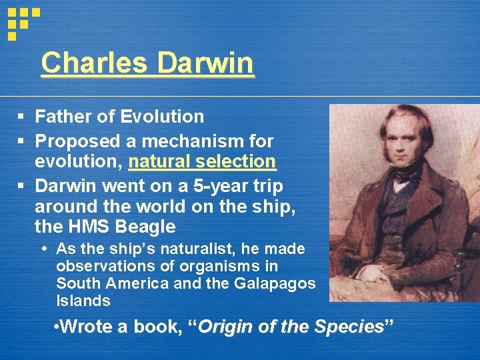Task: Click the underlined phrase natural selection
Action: pyautogui.click(x=202, y=162)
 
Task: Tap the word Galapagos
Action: pyautogui.click(x=275, y=283)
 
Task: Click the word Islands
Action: pyautogui.click(x=83, y=301)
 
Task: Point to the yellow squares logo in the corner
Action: pyautogui.click(x=21, y=21)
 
